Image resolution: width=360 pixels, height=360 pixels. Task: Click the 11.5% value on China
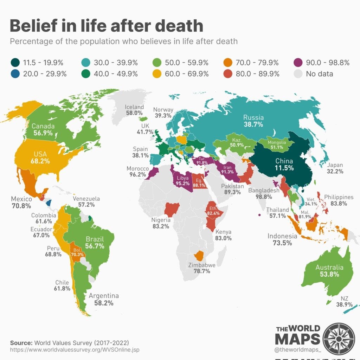(284, 168)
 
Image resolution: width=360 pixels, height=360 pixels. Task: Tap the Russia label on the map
(253, 118)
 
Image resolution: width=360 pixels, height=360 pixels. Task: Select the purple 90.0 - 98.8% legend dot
(297, 63)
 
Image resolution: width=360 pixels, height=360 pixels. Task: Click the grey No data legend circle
(297, 74)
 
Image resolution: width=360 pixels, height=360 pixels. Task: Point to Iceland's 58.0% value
(134, 113)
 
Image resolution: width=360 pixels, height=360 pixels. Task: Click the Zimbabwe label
(202, 265)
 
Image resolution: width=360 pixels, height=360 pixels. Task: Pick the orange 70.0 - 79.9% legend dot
(227, 63)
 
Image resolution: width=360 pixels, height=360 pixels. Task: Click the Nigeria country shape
(172, 209)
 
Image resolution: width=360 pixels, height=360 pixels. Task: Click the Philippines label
(339, 197)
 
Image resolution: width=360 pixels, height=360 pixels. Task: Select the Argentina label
(104, 296)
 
